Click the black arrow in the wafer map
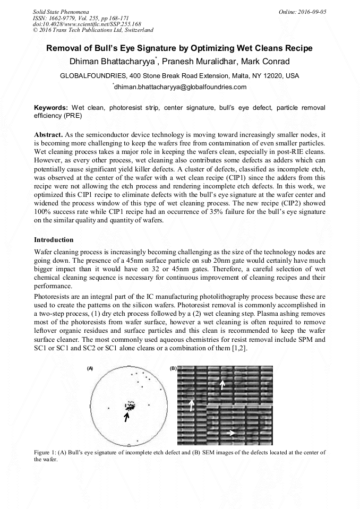pos(126,417)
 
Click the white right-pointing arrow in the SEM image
pos(230,433)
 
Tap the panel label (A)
pos(90,368)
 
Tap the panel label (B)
pos(173,368)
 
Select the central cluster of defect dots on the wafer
pos(129,406)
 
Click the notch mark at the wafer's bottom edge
pos(129,445)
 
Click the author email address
pos(181,87)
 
